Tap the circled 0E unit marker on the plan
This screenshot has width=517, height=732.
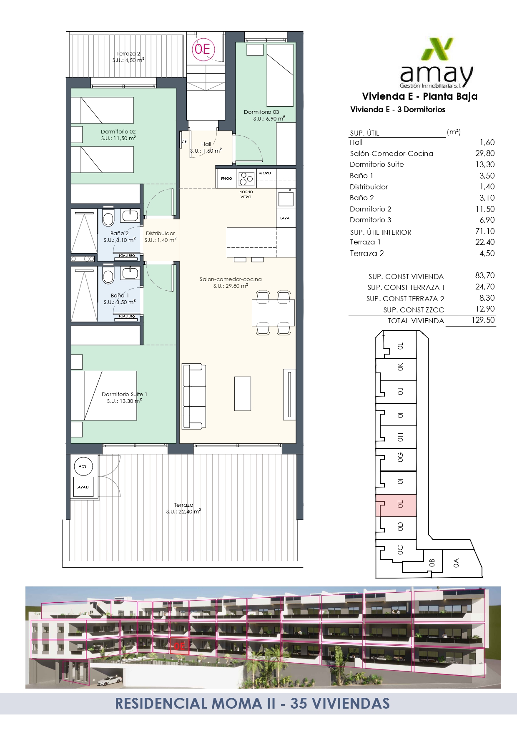(203, 49)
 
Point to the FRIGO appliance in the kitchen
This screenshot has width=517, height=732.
(226, 179)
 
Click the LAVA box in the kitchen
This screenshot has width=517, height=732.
(286, 218)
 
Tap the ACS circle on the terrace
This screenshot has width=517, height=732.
(83, 466)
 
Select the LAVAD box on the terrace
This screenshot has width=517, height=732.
(83, 487)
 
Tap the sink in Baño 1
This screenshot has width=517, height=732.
(130, 274)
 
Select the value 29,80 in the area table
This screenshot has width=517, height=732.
(485, 153)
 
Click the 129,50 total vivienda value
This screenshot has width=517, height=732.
(484, 320)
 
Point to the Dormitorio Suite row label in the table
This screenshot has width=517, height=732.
(376, 164)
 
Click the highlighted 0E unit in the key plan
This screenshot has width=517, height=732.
(396, 506)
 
